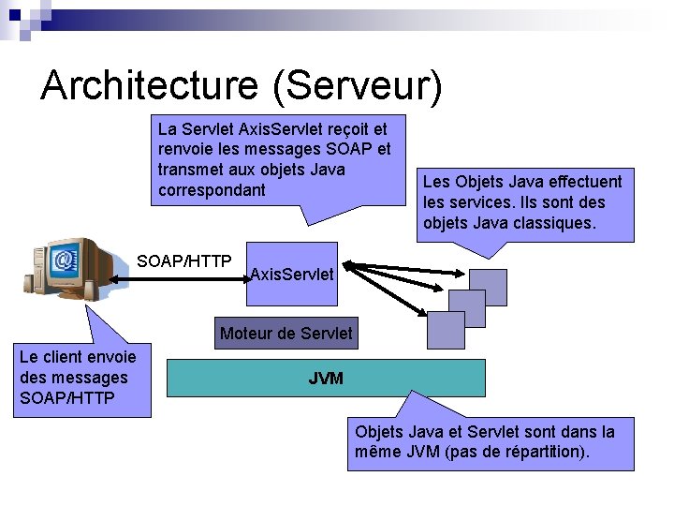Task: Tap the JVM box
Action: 326,379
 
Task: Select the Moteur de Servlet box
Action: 286,333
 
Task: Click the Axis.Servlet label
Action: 292,274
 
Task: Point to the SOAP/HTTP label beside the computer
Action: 184,260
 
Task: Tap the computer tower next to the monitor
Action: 39,272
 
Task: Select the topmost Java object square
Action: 488,287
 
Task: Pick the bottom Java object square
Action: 446,330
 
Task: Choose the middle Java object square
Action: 467,308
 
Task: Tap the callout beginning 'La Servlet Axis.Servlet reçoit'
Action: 274,158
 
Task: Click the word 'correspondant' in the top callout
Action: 212,190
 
